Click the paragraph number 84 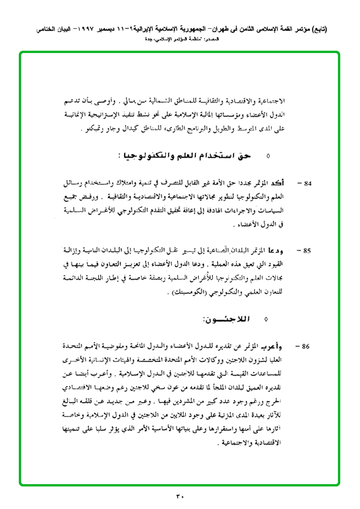click(308, 183)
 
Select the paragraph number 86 click(308, 347)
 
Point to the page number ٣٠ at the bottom click(180, 496)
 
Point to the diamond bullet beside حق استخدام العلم click(268, 155)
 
